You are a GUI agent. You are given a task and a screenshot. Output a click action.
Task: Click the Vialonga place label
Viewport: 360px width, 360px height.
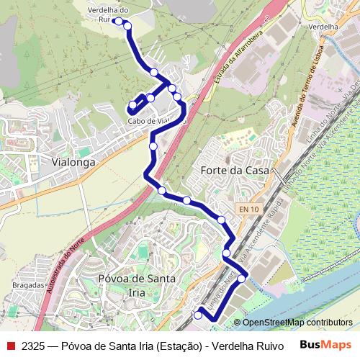coord(74,163)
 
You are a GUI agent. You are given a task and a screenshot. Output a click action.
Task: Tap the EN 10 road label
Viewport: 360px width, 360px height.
coord(248,209)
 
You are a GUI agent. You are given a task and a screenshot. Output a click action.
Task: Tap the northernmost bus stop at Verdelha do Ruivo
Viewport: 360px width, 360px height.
coord(118,22)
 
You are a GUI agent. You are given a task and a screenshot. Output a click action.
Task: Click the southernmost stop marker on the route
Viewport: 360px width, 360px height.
coord(199,315)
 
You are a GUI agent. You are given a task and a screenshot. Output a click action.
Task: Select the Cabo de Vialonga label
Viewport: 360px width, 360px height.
coord(150,121)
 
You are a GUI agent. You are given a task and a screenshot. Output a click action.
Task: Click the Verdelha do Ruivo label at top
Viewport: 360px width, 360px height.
coord(108,14)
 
